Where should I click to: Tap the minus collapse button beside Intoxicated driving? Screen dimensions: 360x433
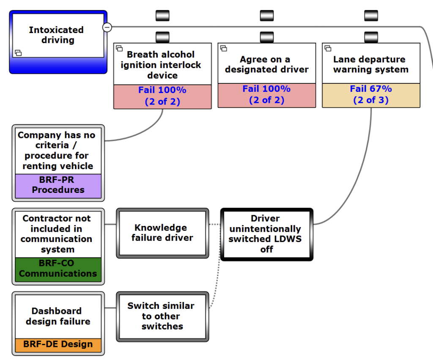pos(107,27)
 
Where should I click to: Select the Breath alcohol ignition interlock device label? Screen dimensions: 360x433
pos(162,65)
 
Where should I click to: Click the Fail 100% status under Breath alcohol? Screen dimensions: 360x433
pos(162,96)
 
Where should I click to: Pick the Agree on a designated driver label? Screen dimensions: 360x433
pos(266,64)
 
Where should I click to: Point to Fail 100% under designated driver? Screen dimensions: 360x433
pos(266,95)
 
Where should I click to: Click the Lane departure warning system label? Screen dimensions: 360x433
pos(371,64)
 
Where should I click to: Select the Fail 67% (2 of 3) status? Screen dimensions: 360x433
pos(371,95)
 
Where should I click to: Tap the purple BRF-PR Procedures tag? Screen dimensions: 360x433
pos(58,185)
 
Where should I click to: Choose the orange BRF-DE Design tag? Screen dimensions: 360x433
pos(58,344)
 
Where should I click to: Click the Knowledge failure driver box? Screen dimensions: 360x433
pos(162,233)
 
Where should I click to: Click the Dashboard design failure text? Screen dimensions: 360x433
pos(58,316)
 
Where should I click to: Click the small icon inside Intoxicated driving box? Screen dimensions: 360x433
pos(18,53)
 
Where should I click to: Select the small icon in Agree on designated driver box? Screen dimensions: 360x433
pos(224,48)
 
